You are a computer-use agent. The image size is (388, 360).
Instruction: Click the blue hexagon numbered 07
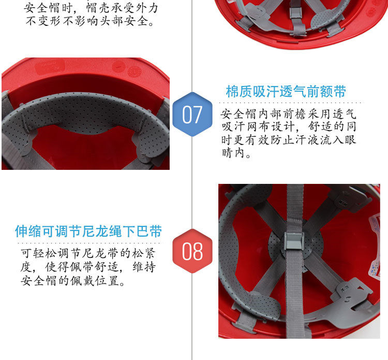click(192, 114)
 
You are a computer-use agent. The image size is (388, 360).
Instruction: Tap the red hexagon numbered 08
click(192, 251)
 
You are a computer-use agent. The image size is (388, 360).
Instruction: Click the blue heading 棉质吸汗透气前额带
click(286, 92)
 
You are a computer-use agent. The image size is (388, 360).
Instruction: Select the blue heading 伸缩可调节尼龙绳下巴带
click(88, 231)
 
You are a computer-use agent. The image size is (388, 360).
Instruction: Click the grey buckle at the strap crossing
click(294, 241)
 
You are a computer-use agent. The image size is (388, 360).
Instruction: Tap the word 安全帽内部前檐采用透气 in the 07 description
click(288, 114)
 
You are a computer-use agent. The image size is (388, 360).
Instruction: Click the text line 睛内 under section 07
click(234, 153)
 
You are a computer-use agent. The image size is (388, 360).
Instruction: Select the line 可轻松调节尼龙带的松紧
click(88, 253)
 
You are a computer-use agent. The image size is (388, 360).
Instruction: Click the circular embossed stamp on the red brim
click(135, 71)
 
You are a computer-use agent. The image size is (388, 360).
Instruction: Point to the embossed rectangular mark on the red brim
click(50, 67)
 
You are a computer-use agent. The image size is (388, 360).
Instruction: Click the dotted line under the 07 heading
click(291, 103)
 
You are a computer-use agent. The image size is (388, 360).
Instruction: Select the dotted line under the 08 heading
click(89, 243)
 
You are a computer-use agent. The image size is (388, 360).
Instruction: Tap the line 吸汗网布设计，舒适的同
click(289, 126)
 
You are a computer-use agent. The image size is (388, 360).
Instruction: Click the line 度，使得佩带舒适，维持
click(88, 267)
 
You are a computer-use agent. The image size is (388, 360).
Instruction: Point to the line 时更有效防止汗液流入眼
click(289, 140)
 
